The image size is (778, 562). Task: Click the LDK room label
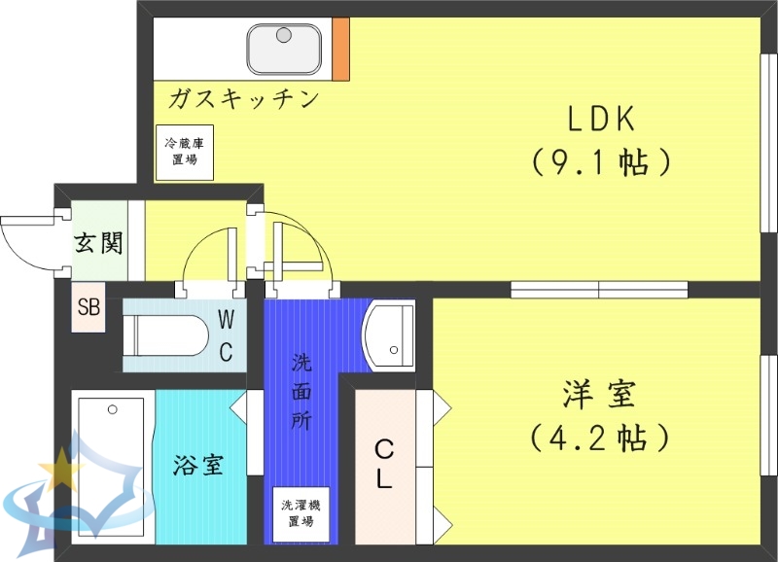coord(602,119)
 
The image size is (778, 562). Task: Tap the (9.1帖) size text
coord(602,161)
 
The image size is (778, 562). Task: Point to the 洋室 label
coord(599,396)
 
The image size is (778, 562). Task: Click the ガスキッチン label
coord(243,98)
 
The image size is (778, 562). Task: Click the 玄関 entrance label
coord(99,242)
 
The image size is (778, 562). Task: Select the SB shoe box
coord(89,309)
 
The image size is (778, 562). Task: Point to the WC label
coord(226,335)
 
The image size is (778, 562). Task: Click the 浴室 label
coord(199,465)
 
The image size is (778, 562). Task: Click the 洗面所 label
coord(302,394)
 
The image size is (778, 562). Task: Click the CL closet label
coord(385,464)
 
